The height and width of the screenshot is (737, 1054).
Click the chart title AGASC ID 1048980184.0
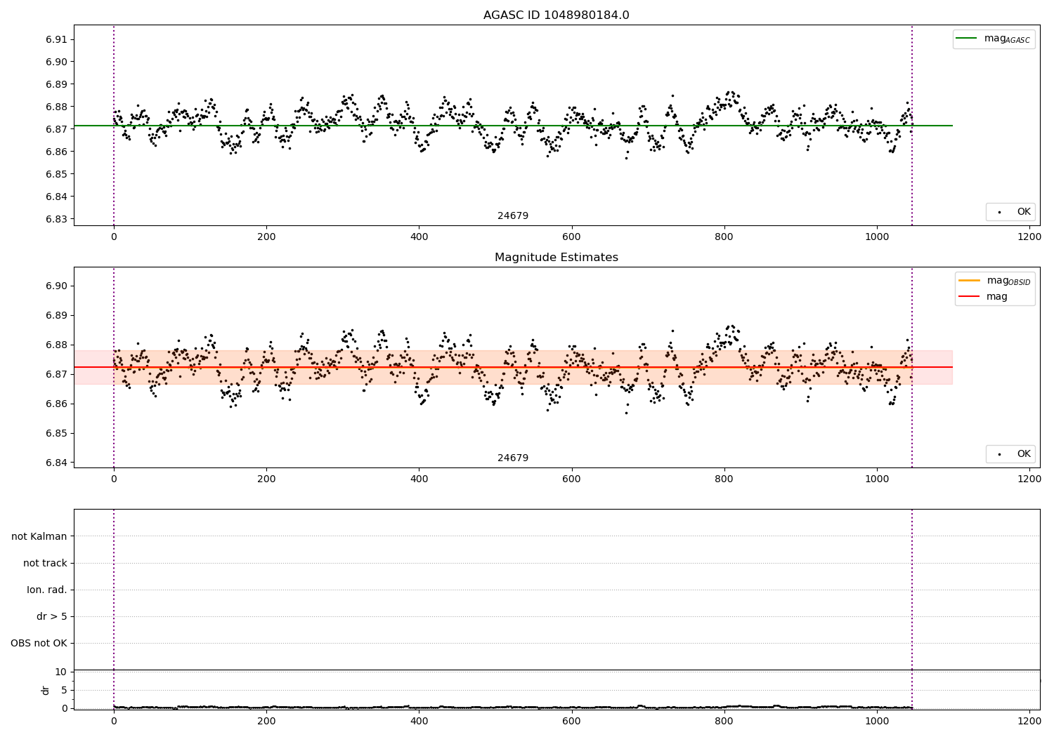tap(556, 15)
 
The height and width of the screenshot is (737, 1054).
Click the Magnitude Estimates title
tap(556, 258)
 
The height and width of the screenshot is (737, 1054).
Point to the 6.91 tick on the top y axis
tap(56, 39)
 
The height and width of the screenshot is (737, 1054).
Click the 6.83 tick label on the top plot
tap(56, 219)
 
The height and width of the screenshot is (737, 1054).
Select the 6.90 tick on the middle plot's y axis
tap(56, 286)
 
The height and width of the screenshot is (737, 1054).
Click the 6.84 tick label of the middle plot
tap(56, 463)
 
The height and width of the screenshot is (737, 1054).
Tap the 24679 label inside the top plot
tap(513, 215)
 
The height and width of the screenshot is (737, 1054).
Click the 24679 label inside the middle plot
tap(513, 458)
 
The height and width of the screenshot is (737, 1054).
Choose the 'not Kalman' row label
tap(39, 536)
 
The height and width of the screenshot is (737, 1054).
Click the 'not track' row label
tap(45, 563)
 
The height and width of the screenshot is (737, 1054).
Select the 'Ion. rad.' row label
tap(47, 590)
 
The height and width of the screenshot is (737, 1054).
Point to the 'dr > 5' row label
tap(52, 616)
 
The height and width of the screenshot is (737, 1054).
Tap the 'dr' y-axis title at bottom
tap(46, 690)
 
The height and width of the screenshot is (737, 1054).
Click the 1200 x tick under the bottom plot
tap(1029, 720)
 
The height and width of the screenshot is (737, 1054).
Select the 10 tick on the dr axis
tap(60, 672)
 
